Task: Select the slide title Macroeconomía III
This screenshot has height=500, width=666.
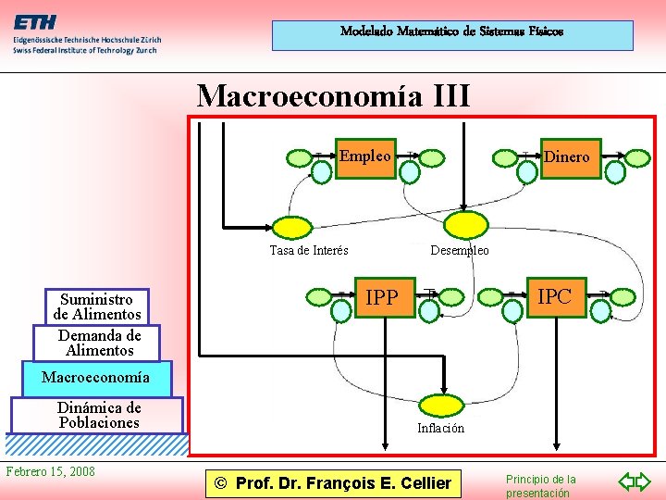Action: [333, 95]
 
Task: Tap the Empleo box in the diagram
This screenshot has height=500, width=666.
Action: [364, 156]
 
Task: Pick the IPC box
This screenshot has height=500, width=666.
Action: [555, 296]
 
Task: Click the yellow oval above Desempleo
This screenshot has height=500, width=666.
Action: [462, 225]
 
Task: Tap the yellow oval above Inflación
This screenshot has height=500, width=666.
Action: [442, 405]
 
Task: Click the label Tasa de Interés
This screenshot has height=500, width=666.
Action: [309, 250]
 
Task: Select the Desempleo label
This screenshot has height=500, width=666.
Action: [460, 250]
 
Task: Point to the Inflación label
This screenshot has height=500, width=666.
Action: [440, 428]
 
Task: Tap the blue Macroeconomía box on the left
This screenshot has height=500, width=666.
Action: [94, 377]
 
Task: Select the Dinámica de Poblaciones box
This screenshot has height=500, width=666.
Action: [98, 415]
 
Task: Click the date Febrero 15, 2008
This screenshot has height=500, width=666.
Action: [50, 471]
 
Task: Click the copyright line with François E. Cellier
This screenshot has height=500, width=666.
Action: [332, 482]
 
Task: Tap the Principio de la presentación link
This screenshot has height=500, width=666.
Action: [540, 486]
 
